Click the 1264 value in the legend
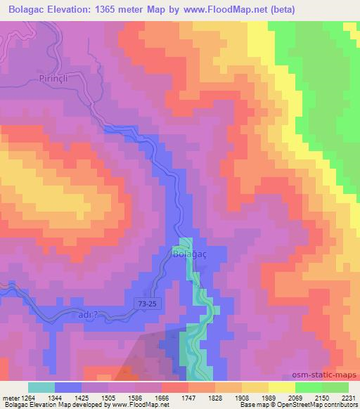click(x=27, y=398)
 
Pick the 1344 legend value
click(x=55, y=398)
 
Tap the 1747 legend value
click(x=188, y=398)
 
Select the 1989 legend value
click(x=269, y=398)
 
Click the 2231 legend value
click(x=348, y=398)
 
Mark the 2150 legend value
click(x=321, y=398)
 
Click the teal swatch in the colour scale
click(x=41, y=387)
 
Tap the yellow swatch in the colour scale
click(x=282, y=387)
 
